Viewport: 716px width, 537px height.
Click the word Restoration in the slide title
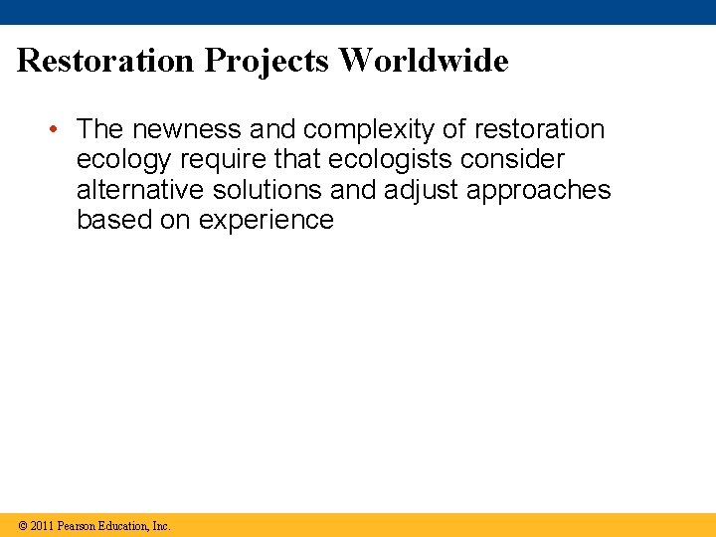click(106, 61)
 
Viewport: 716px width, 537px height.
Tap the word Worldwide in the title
click(425, 61)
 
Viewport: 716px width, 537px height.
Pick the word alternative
click(140, 190)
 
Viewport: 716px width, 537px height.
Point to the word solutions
click(268, 190)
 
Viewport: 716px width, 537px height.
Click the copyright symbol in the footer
click(22, 525)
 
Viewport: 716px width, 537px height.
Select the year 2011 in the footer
click(42, 525)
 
